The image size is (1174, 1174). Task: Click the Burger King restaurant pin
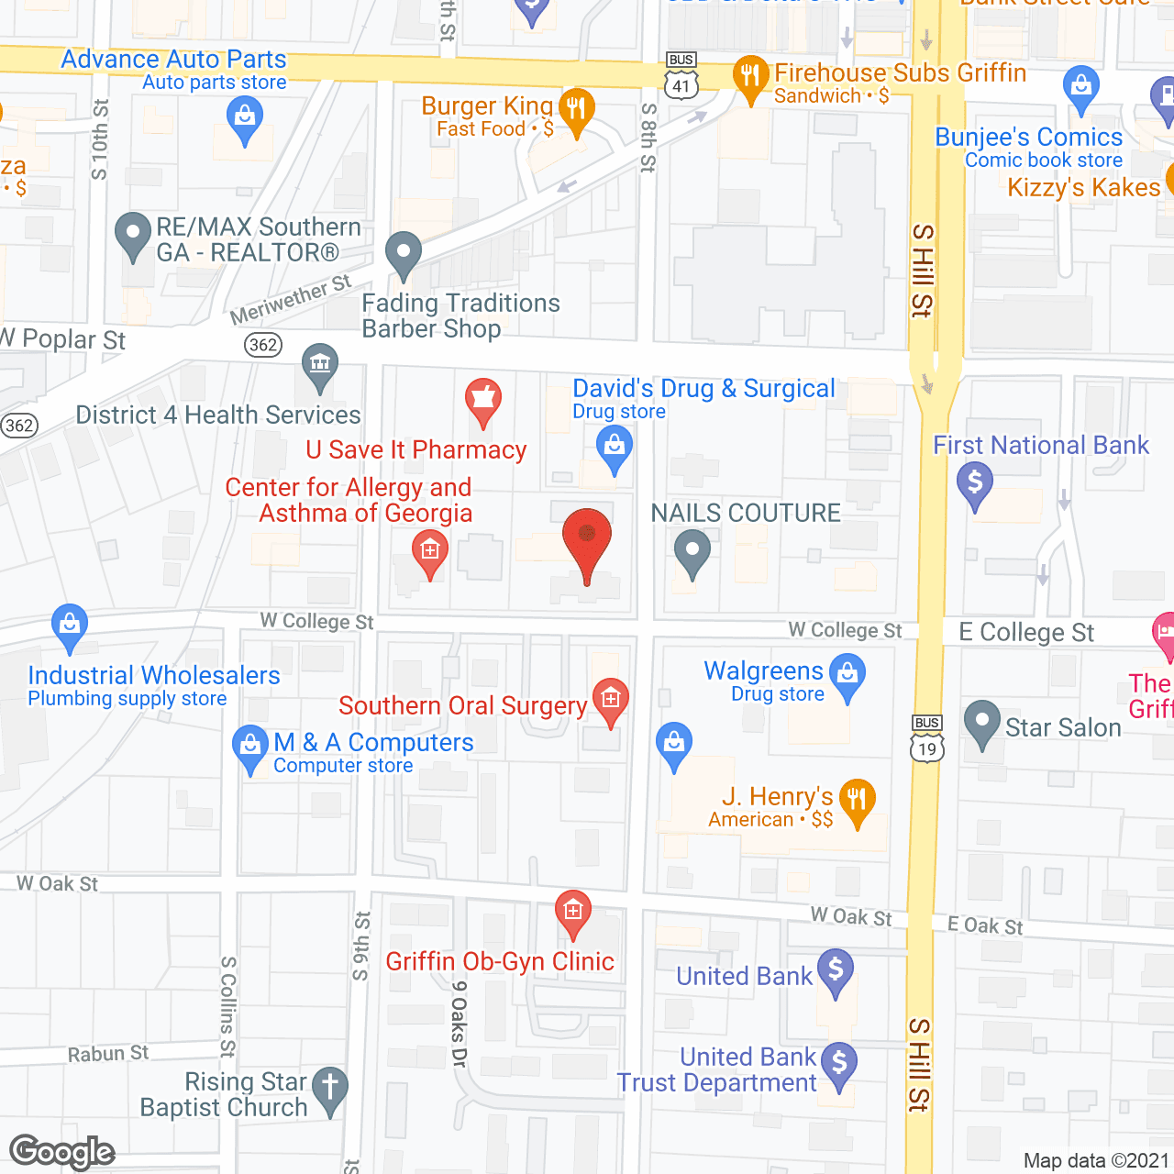tap(576, 111)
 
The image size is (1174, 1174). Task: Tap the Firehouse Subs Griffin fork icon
tap(750, 77)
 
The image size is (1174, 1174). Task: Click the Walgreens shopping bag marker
tap(847, 674)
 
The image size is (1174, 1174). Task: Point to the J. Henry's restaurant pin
tap(857, 801)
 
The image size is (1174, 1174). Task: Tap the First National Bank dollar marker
tap(974, 483)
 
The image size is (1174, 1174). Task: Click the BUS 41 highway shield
tap(681, 77)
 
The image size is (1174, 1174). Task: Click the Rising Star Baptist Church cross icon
tap(330, 1090)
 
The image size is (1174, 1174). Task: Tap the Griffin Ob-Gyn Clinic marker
tap(573, 913)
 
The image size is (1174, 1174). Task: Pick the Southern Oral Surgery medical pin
tap(611, 701)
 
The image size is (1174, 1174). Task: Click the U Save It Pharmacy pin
tap(483, 400)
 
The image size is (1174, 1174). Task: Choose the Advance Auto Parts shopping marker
tap(244, 119)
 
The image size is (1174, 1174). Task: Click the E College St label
tap(1026, 633)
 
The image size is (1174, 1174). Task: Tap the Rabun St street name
tap(108, 1054)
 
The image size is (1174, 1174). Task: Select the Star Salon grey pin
tap(982, 723)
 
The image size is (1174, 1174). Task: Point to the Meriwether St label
tap(291, 300)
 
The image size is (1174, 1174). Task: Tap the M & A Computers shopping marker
tap(250, 747)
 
